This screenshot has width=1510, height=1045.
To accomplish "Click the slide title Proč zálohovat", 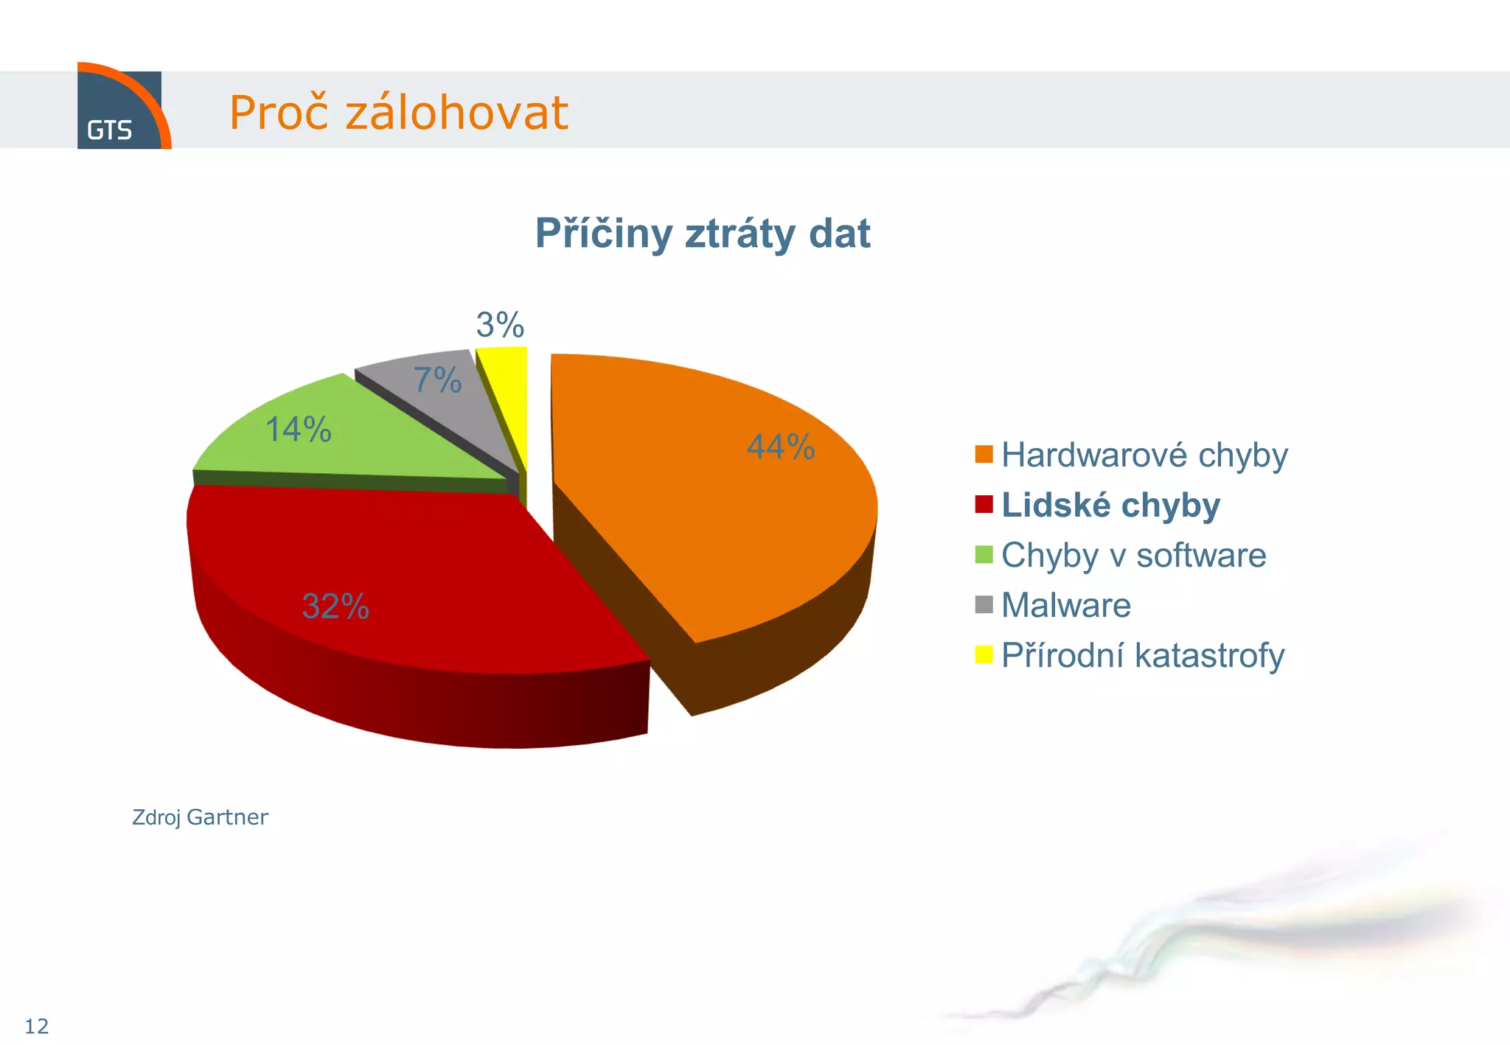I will [x=398, y=113].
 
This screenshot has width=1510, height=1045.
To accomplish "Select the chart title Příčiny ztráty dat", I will [x=702, y=234].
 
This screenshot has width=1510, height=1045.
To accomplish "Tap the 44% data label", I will [x=781, y=447].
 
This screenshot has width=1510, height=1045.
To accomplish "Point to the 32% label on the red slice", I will [x=335, y=607].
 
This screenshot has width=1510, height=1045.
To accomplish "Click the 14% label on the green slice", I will [x=298, y=429].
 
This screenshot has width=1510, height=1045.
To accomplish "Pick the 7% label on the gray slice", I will [x=437, y=380].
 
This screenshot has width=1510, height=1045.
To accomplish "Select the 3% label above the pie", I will [x=500, y=325].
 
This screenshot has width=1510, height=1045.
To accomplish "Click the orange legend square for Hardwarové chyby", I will [x=984, y=455].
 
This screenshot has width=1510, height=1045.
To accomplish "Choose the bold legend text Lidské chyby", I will [x=1110, y=506].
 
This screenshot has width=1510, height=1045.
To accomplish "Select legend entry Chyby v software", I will [x=1133, y=555].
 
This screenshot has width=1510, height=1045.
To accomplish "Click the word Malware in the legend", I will [x=1065, y=605].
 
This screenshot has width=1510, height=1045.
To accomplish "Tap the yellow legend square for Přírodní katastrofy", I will [x=984, y=654].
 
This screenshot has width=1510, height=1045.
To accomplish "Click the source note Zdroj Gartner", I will [x=200, y=817].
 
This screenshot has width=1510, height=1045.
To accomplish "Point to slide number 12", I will [x=36, y=1026].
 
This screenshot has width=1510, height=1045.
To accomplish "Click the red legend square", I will [x=984, y=505].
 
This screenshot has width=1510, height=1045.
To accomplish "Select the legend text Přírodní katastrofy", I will [x=1142, y=655].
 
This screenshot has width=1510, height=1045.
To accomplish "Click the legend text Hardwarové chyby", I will [x=1144, y=455].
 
